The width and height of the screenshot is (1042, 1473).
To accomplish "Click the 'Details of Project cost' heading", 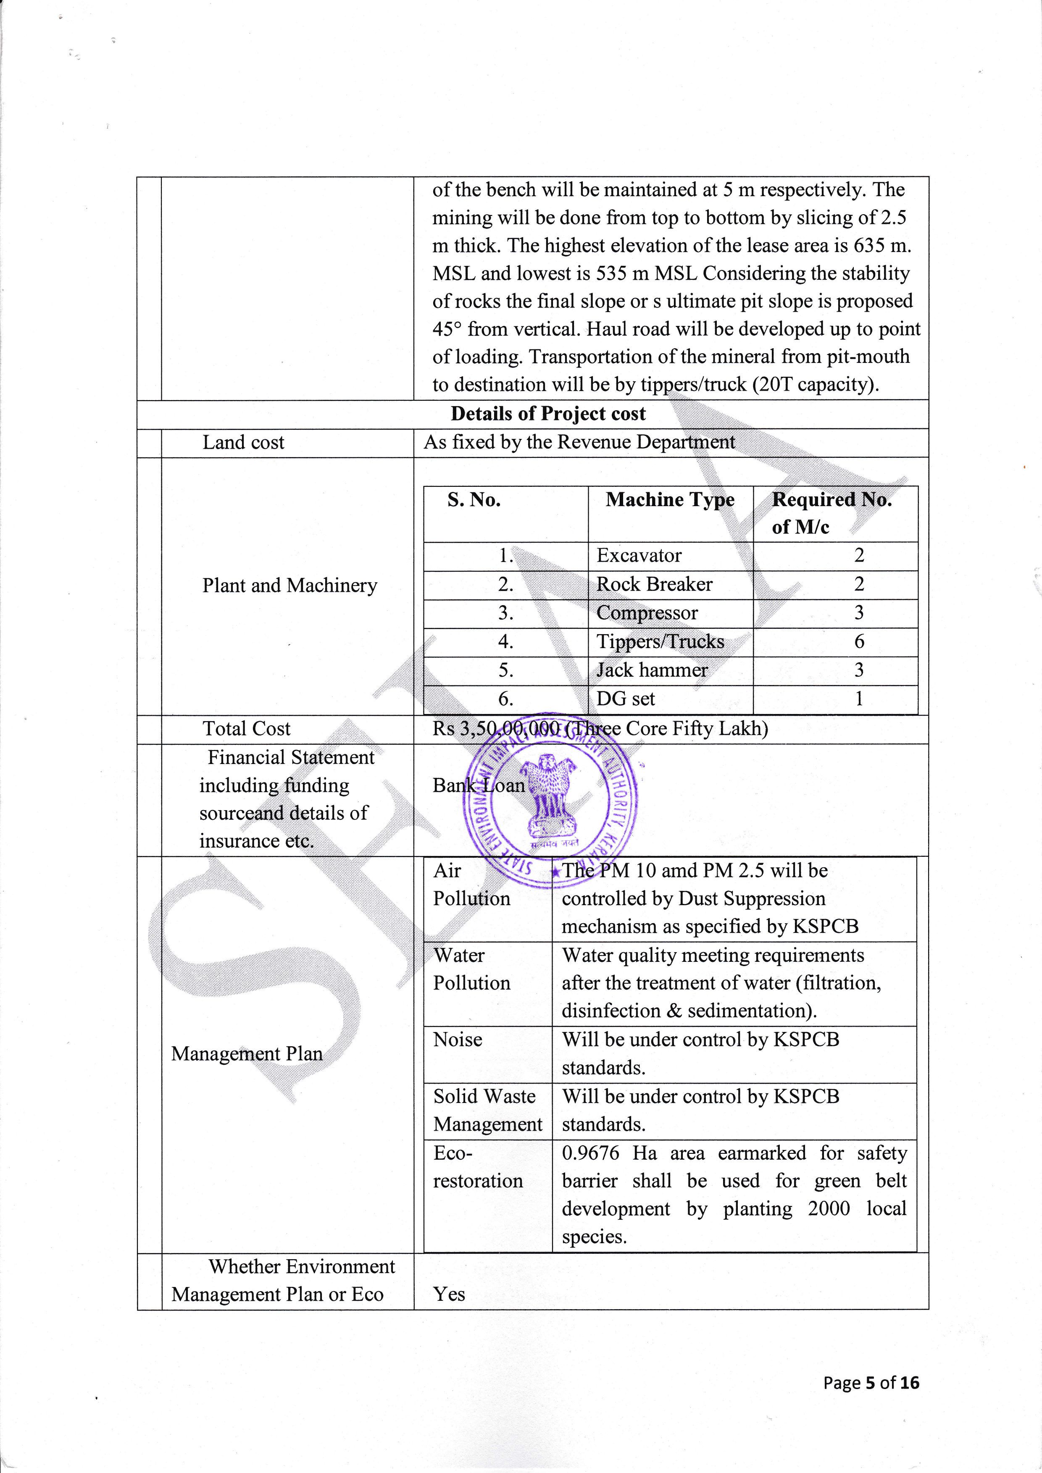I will click(x=548, y=414).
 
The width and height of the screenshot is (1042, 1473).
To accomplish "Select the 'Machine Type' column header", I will click(x=670, y=500).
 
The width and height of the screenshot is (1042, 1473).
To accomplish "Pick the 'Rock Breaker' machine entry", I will click(x=654, y=584).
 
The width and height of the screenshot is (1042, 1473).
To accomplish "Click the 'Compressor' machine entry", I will click(x=646, y=613).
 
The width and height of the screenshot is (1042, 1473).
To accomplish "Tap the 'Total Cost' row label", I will click(x=246, y=729).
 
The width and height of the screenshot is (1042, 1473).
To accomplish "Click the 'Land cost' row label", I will click(x=243, y=443).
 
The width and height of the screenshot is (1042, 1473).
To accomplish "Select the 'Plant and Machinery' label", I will click(x=289, y=586).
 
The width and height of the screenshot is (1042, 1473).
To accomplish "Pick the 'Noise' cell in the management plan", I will click(x=458, y=1039).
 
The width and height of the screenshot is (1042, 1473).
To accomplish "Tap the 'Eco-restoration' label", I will click(x=477, y=1167).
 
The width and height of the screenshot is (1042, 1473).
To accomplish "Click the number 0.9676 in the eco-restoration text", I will click(x=590, y=1153).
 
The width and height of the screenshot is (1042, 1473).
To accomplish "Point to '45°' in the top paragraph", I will click(x=447, y=329).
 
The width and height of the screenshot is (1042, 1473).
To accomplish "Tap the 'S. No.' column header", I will click(x=474, y=500).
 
